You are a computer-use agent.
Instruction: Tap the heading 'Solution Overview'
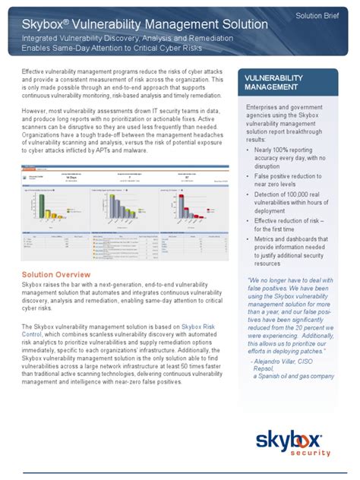pos(56,274)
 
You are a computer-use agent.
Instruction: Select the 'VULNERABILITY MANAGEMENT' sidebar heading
pos(274,83)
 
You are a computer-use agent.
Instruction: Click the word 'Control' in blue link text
pos(35,334)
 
